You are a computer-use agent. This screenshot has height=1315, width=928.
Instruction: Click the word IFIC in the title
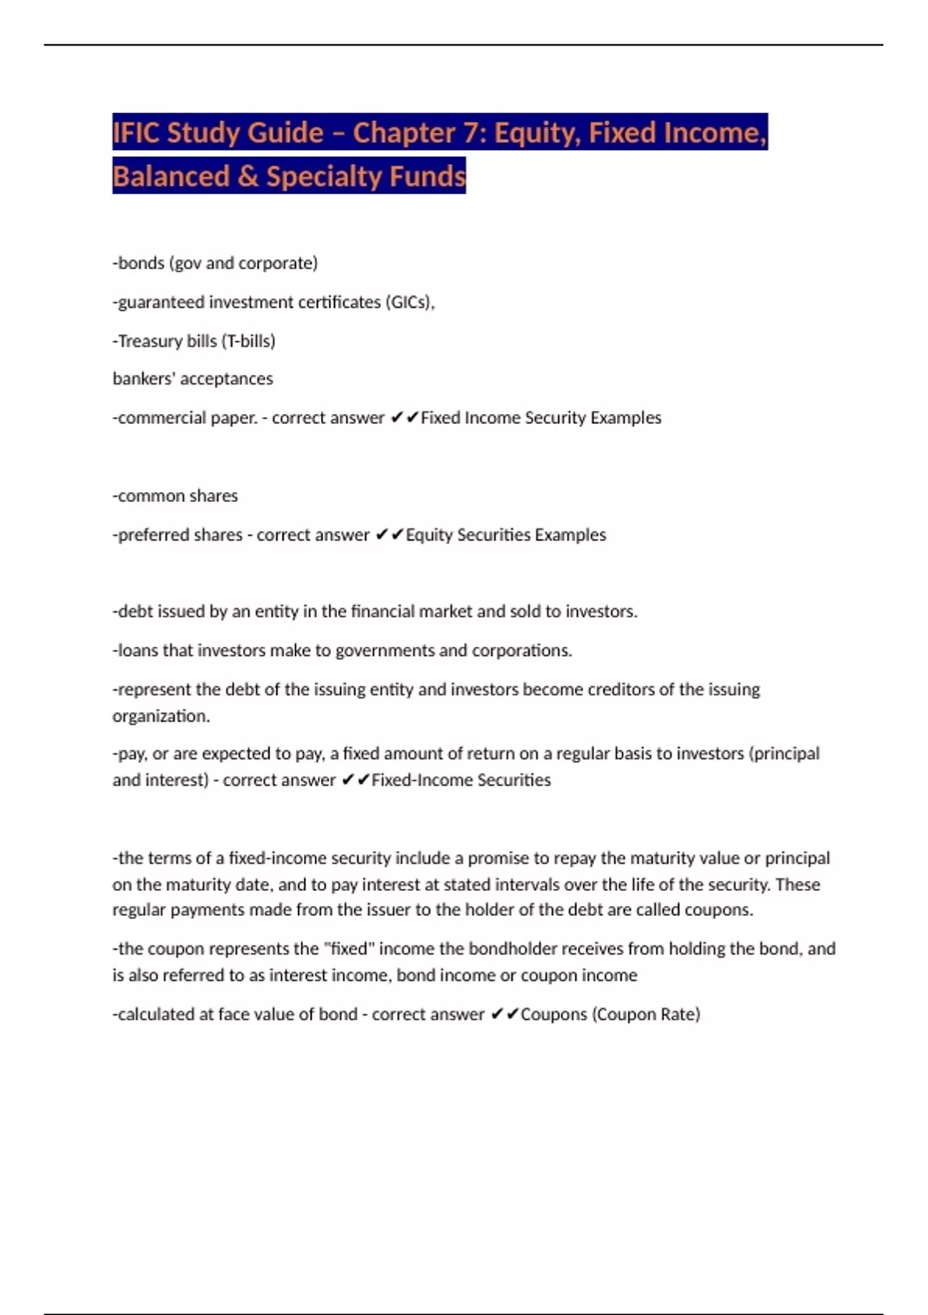(x=136, y=133)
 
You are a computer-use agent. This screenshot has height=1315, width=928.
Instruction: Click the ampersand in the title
(x=247, y=176)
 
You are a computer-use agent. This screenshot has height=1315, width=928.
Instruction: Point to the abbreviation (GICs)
(x=409, y=302)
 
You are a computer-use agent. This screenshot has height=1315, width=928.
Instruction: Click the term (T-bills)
(x=248, y=341)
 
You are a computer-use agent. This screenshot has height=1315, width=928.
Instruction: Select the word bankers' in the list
(x=142, y=379)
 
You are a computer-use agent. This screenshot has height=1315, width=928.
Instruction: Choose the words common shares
(x=177, y=496)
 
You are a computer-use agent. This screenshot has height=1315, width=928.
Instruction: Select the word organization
(x=161, y=716)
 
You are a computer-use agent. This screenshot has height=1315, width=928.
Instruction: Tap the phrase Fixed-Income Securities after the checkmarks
(x=461, y=780)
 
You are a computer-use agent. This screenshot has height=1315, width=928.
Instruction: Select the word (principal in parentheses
(x=784, y=753)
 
